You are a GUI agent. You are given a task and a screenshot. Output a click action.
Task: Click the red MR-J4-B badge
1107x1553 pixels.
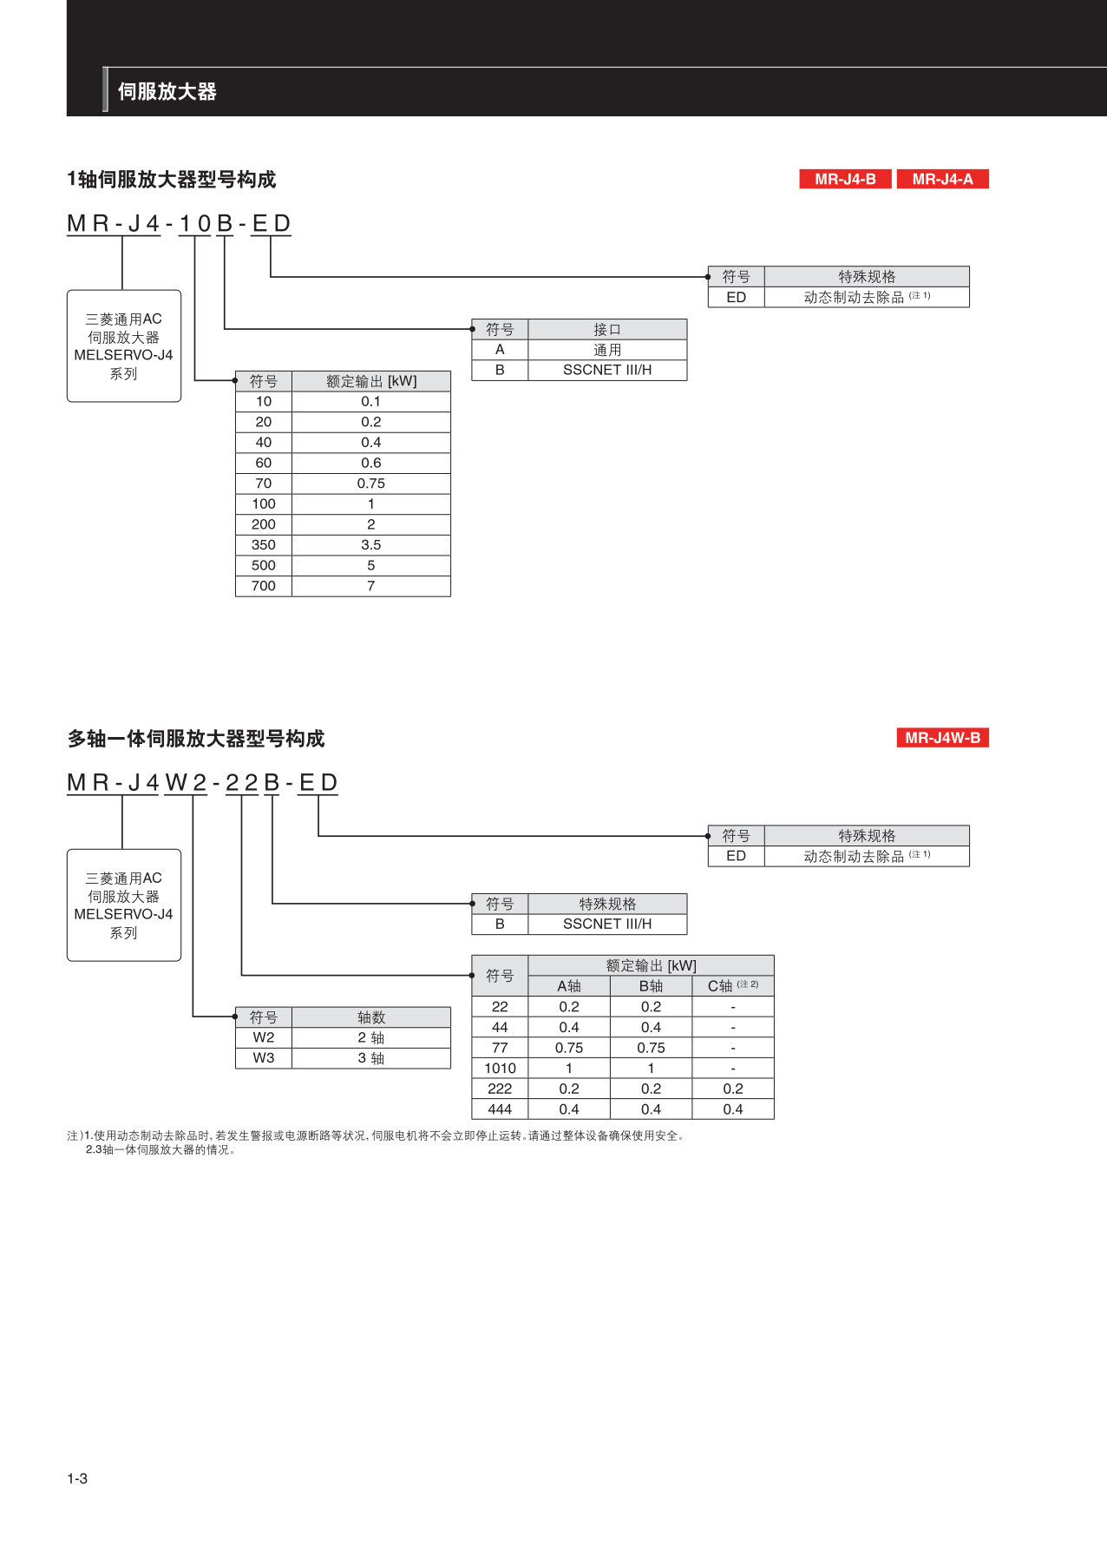coord(845,179)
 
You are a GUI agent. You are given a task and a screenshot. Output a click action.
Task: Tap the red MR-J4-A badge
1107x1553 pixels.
coord(942,179)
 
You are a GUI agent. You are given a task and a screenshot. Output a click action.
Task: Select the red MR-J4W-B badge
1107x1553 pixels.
coord(942,738)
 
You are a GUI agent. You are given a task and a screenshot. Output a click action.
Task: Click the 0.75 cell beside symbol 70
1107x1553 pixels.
coord(370,484)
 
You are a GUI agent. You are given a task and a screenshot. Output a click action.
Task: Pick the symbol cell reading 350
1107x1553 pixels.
coord(264,545)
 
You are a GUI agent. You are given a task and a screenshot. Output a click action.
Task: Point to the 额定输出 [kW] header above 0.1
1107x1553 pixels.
coord(370,381)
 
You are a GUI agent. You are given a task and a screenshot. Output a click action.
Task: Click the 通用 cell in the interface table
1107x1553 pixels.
coord(606,350)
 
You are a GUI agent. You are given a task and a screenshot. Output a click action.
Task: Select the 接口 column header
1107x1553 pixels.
coord(606,330)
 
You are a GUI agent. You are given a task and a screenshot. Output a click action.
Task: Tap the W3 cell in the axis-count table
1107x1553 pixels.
coord(264,1058)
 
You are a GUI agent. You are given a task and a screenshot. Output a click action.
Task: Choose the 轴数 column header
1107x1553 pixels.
coord(370,1017)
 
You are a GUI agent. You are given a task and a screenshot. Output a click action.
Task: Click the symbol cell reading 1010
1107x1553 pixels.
coord(500,1069)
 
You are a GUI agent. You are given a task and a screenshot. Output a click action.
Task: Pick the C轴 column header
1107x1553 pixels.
coord(732,986)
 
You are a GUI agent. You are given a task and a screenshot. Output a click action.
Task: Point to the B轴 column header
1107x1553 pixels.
coord(651,986)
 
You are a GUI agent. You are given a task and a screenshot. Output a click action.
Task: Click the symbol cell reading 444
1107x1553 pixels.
coord(500,1109)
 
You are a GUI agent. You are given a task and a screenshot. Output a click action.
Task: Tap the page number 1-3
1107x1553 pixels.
coord(77,1478)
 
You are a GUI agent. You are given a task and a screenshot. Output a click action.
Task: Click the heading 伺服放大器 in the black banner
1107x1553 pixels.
coord(167,91)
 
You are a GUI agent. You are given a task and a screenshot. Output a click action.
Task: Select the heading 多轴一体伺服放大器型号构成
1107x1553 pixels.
coord(196,739)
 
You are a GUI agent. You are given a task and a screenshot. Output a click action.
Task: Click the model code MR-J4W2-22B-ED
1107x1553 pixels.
coord(202,783)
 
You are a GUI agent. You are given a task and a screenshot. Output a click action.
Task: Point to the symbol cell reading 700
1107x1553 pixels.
coord(264,586)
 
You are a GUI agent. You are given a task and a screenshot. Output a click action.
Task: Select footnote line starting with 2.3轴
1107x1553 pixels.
coord(160,1150)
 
